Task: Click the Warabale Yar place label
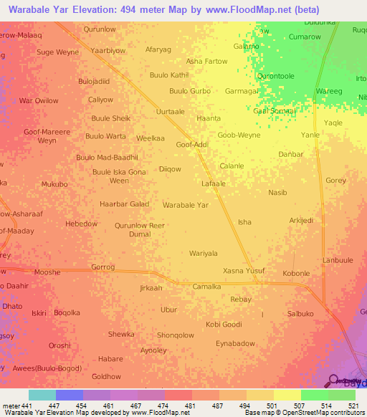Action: point(185,205)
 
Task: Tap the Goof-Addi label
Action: point(192,144)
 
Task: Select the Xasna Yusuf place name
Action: point(244,270)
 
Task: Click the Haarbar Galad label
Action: point(124,203)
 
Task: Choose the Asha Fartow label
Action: point(206,62)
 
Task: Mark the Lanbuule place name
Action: point(338,260)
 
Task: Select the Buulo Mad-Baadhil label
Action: point(107,157)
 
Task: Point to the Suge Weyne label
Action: point(58,52)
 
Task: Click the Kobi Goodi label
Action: point(224,325)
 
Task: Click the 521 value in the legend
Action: point(354,406)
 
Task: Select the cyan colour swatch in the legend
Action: point(42,395)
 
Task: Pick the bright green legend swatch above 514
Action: point(314,395)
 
